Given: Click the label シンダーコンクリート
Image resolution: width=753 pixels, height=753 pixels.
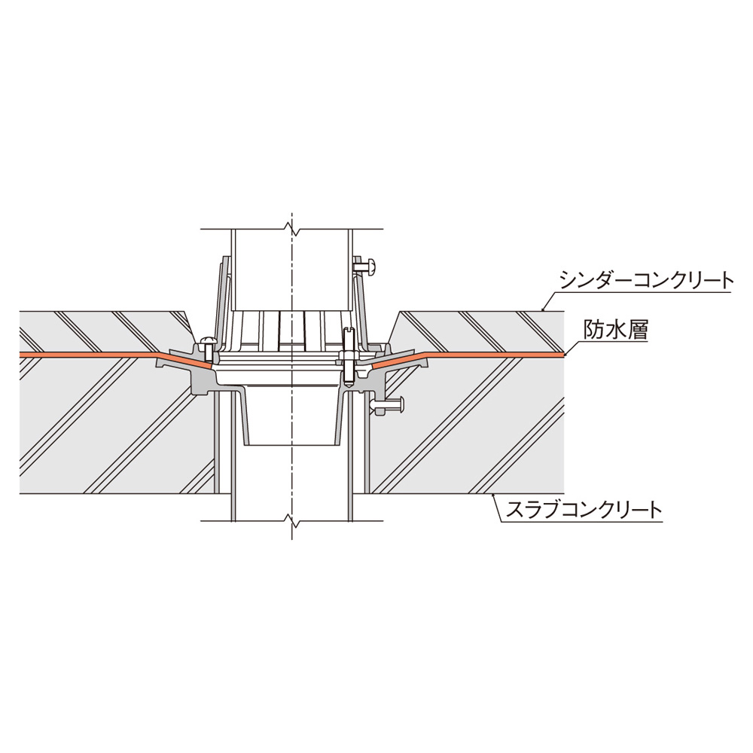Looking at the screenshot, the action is (647, 281).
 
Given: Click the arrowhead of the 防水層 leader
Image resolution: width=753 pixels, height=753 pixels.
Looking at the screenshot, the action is (566, 355).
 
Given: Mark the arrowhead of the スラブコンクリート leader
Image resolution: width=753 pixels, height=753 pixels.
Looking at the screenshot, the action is (492, 495).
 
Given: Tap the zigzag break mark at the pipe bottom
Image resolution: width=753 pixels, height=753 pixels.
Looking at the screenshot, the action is (291, 519).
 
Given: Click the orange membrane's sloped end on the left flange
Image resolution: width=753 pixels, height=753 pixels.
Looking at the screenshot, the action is (210, 365).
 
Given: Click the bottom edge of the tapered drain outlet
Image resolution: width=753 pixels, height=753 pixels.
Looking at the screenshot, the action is (291, 445).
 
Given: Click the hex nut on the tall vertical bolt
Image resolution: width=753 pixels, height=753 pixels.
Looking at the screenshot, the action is (349, 356).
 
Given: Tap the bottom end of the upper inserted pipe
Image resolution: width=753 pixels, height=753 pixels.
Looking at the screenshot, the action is (291, 311).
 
